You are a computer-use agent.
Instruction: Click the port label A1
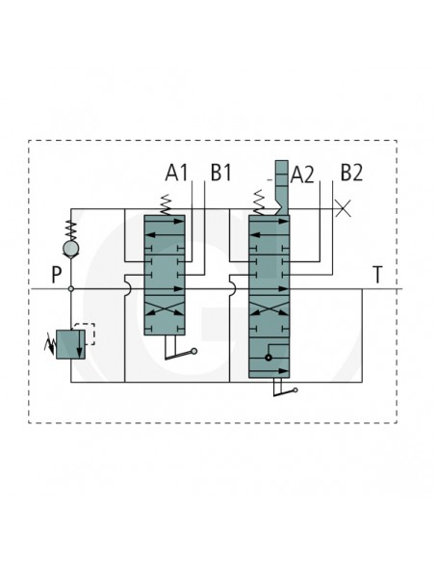[176, 173]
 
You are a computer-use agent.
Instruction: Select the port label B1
[221, 173]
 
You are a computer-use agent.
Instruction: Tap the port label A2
[302, 174]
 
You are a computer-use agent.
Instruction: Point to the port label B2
[351, 173]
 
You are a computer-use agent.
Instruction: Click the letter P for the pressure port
[57, 275]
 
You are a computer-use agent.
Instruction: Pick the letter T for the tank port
[377, 275]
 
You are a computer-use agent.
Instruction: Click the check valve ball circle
[71, 249]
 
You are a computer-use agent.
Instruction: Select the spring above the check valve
[71, 230]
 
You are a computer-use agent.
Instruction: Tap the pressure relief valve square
[70, 344]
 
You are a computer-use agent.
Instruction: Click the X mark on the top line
[343, 208]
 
